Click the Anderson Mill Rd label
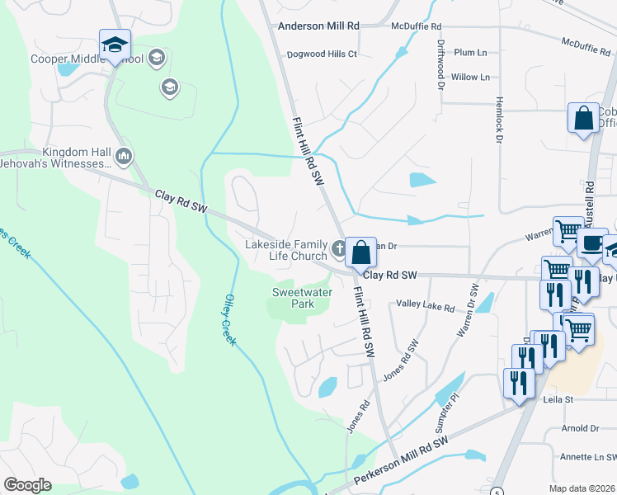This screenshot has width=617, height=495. coord(318,26)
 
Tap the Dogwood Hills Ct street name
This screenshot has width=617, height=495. coord(321,54)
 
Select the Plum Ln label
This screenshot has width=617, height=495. coord(470,52)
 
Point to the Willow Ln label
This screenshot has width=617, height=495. coord(470,77)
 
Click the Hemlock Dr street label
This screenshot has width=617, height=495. coord(499,120)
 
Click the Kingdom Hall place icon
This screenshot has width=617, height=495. coord(124,155)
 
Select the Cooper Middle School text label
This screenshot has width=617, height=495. coord(87,59)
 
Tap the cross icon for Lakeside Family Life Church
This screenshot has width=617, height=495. coord(338,248)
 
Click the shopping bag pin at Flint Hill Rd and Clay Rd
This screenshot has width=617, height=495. coord(360,252)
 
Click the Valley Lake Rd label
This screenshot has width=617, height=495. coord(426,308)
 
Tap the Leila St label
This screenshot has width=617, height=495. coord(557,399)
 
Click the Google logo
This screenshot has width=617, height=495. coord(27,484)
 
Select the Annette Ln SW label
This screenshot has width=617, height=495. coord(588,456)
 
